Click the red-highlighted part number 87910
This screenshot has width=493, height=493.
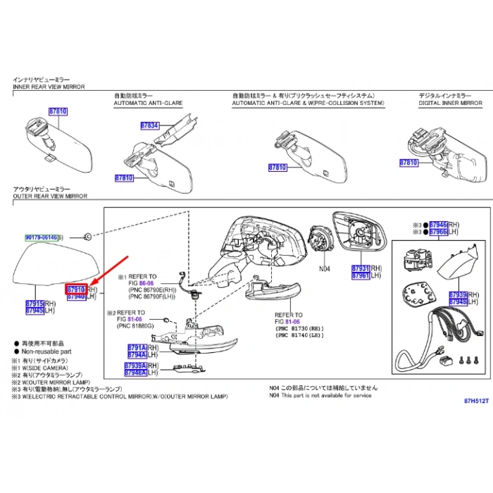(x=75, y=289)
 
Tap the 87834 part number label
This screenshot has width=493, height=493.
(x=150, y=125)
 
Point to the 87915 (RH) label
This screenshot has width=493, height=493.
(x=35, y=302)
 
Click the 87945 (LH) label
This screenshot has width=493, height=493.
(x=35, y=310)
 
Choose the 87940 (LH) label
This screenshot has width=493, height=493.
(x=75, y=297)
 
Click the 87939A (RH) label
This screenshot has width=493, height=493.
(x=135, y=366)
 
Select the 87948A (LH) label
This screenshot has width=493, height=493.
(x=135, y=373)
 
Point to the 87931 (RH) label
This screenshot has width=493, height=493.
(x=361, y=268)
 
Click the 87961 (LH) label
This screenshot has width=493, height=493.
(x=361, y=276)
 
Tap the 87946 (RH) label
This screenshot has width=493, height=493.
(x=438, y=223)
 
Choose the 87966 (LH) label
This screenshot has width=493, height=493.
(x=438, y=231)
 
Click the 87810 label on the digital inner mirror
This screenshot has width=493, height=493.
(x=408, y=163)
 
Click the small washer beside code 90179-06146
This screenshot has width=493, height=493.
(x=86, y=236)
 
